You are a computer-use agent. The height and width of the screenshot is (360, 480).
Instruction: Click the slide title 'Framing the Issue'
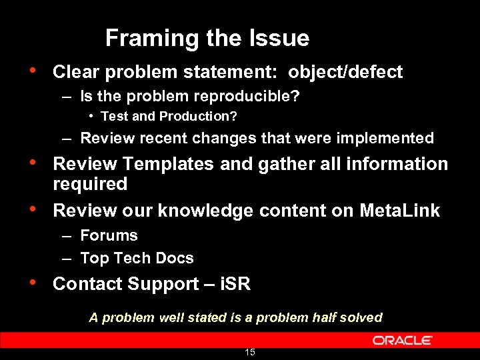(207, 38)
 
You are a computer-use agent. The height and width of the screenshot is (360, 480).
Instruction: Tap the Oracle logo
(402, 340)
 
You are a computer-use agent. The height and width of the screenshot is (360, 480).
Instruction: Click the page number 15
(250, 352)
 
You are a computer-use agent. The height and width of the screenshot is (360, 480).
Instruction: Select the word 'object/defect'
(345, 72)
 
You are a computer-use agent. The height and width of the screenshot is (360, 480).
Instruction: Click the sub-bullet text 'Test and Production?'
(169, 117)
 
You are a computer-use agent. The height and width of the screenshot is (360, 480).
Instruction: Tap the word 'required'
(89, 184)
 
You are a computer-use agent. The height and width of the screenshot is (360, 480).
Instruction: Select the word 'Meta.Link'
(399, 211)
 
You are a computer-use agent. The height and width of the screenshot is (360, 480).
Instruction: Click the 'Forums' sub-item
(109, 235)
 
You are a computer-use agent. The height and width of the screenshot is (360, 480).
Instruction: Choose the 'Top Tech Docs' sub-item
(137, 258)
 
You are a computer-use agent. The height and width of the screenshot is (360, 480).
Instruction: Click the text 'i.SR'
(235, 284)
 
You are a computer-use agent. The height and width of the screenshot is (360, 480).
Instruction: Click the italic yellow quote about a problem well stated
(235, 318)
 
